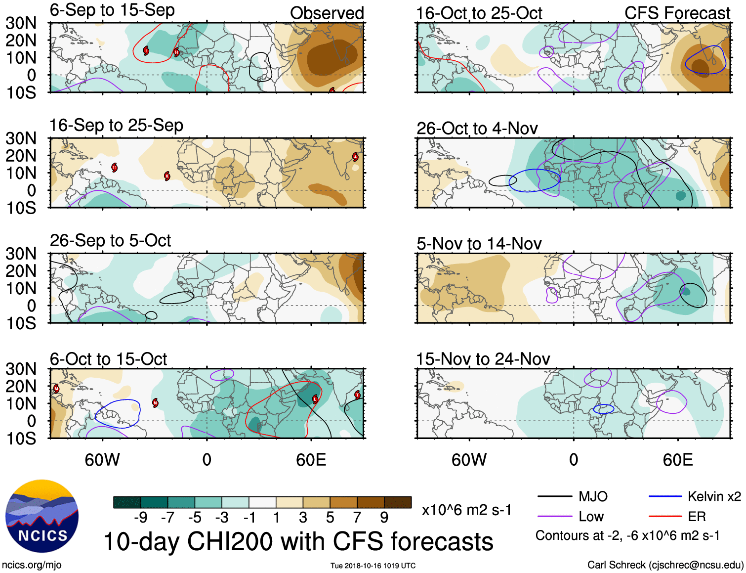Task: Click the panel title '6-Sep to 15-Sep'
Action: coord(112,10)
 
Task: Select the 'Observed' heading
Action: coord(327,13)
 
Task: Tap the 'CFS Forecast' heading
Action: coord(677,13)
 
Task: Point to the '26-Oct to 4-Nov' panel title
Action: coord(477,129)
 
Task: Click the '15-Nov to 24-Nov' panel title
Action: coord(483,359)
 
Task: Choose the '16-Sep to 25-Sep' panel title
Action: coord(116,125)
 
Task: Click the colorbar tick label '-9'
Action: coord(141,518)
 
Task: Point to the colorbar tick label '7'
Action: coord(357,518)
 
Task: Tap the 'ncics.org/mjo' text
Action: coord(32,565)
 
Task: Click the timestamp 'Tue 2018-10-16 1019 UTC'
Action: coord(373,566)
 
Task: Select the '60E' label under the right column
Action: coord(677,460)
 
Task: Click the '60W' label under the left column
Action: coord(102,460)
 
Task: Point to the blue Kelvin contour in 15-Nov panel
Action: coord(603,409)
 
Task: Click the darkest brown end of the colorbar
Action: coord(398,502)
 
